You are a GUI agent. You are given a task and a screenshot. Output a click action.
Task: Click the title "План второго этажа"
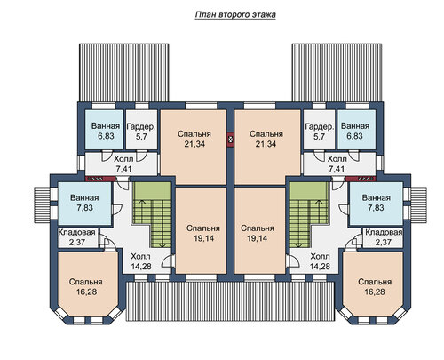pos(235,15)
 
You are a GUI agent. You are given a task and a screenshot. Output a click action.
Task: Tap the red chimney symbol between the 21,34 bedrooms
pos(231,140)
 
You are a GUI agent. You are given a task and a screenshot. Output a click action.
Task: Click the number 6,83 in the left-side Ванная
pos(106,136)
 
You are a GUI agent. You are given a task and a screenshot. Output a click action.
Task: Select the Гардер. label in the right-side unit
pos(320,127)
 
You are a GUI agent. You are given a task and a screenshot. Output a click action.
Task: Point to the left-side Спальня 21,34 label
pos(194,139)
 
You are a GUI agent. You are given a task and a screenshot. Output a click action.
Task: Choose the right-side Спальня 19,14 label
pos(258,233)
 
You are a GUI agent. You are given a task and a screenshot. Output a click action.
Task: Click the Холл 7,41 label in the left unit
pos(123,164)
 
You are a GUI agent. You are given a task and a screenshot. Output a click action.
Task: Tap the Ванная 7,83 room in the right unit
pos(376,204)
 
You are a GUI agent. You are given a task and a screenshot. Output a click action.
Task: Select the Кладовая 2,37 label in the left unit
pos(77,237)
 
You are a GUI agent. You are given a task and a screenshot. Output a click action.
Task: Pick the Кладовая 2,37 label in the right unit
pos(384,237)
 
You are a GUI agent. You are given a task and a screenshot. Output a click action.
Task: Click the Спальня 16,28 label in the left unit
pos(86,287)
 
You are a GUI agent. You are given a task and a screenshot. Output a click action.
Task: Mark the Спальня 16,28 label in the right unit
pos(375,287)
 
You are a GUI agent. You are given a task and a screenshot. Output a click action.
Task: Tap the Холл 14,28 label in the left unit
pos(141,261)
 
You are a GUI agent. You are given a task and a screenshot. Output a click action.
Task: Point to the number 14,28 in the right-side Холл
pos(320,267)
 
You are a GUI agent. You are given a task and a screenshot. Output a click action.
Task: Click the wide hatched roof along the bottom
pos(230,301)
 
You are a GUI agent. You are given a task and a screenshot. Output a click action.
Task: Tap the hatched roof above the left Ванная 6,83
pos(123,73)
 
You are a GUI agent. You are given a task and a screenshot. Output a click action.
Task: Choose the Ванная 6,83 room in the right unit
pos(357,130)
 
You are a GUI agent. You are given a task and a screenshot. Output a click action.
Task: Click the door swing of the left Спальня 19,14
pos(167,261)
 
